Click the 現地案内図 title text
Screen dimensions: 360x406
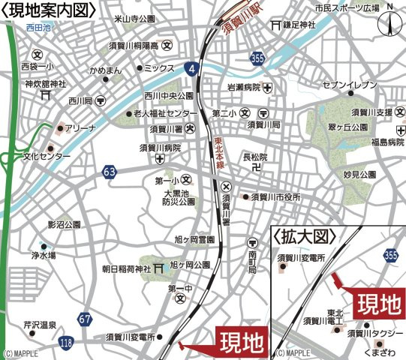pos(50,10)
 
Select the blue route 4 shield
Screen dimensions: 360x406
pos(194,69)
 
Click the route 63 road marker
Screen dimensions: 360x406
pos(110,173)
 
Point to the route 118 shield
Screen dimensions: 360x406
pos(67,342)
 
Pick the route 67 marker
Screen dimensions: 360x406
pos(86,319)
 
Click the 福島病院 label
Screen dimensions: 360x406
pos(381,141)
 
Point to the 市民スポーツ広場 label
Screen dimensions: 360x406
pos(344,7)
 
